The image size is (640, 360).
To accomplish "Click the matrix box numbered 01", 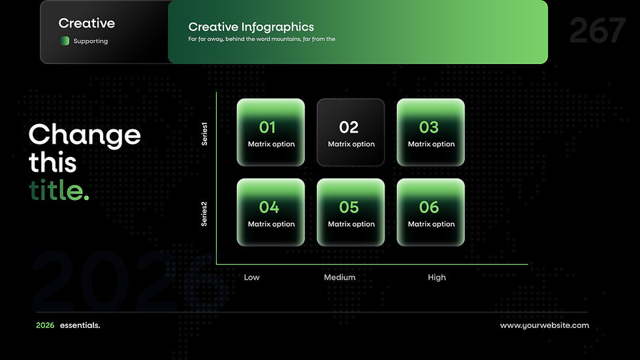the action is (270, 132).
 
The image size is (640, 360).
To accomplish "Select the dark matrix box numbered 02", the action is (351, 132).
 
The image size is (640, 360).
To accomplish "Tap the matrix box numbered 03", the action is (430, 132).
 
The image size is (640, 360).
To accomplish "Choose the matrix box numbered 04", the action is (270, 212).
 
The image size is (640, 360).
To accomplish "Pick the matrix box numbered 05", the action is (351, 212).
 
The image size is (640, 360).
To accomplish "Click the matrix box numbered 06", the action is (430, 212).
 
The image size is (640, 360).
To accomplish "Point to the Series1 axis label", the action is (204, 134).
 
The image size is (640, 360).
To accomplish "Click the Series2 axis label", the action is (204, 214).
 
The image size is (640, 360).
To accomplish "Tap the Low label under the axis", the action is (251, 277).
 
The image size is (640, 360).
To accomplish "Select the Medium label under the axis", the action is (340, 277).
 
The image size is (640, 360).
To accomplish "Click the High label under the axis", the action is (437, 278).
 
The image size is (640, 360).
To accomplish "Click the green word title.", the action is (59, 190).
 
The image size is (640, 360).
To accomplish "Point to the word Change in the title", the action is (85, 135).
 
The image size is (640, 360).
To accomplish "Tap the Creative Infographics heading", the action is (251, 27).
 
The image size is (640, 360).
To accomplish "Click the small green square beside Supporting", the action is (65, 41).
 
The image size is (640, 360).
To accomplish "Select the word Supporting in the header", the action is (91, 41).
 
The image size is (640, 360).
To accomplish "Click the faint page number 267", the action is (597, 30).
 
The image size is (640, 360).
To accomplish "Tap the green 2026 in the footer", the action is (45, 325).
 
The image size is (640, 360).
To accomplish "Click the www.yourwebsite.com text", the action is (545, 325).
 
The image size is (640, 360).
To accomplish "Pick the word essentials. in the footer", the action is (80, 325).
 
